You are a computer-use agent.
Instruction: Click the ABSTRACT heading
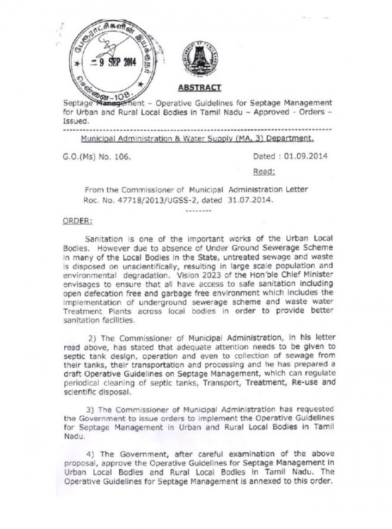click(199, 88)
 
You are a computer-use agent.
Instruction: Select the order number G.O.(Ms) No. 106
click(95, 157)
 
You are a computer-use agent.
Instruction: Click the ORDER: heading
click(78, 221)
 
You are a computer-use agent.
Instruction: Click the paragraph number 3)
click(91, 408)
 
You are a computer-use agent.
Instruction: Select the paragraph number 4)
click(91, 453)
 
